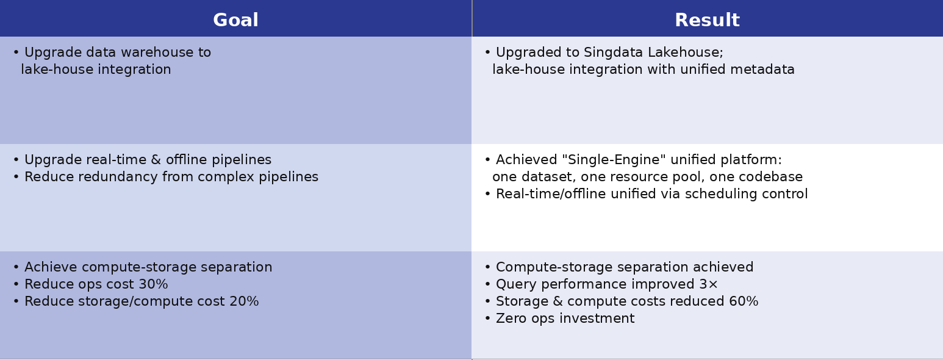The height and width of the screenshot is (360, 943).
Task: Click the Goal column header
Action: coord(235,20)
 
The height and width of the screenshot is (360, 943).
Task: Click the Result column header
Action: coord(708,20)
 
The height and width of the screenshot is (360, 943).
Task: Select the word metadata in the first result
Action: coord(762,70)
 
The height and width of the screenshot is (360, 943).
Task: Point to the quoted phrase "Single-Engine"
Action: coord(614,160)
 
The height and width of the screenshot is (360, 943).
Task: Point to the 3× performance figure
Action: coord(709,284)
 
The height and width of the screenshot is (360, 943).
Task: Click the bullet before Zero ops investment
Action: coord(487,319)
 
